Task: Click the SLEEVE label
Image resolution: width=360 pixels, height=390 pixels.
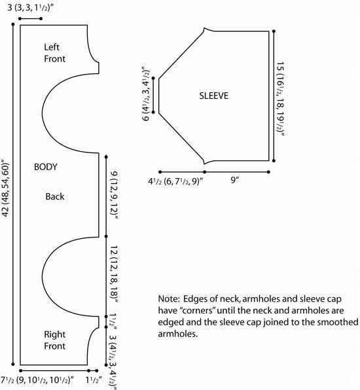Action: [x=214, y=96]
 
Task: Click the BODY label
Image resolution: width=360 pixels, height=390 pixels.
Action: [x=46, y=167]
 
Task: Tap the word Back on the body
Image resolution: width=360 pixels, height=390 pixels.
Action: [x=55, y=196]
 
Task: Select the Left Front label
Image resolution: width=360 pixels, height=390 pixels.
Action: [x=54, y=53]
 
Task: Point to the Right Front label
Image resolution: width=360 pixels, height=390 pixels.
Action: [x=54, y=340]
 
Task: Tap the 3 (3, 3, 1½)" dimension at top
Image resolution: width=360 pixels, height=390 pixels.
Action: [x=30, y=8]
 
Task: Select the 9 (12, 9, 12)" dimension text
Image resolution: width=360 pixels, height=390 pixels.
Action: [x=114, y=195]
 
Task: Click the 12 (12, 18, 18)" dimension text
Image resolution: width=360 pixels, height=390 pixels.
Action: [x=114, y=274]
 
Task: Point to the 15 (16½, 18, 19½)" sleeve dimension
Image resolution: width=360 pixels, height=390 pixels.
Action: [x=280, y=99]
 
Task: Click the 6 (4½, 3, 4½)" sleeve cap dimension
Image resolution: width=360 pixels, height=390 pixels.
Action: [x=146, y=94]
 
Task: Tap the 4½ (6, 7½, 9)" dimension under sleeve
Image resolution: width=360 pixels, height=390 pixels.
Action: [x=175, y=181]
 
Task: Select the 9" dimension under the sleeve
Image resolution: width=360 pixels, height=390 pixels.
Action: [x=234, y=179]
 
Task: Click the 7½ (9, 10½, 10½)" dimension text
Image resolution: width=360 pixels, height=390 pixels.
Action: [x=37, y=380]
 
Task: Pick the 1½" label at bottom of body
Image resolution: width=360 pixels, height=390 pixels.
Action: [x=94, y=380]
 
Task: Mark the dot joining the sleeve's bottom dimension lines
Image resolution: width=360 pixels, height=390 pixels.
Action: [x=204, y=172]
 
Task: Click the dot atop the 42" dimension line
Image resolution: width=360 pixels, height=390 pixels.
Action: [x=13, y=24]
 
